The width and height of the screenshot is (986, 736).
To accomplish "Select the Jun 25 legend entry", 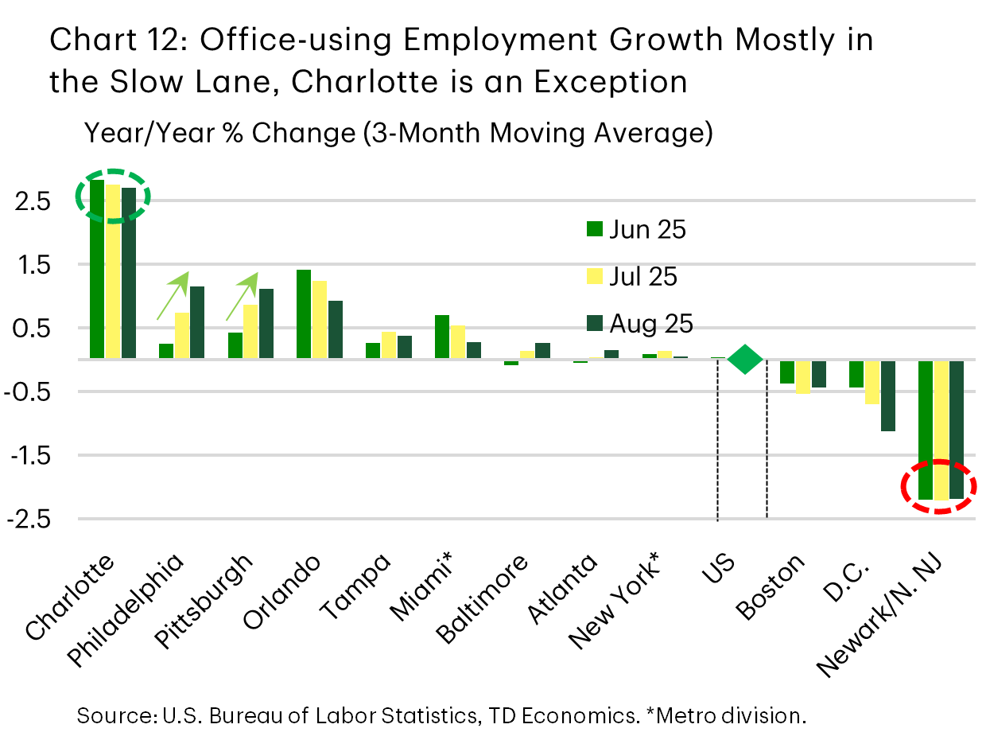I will (635, 230).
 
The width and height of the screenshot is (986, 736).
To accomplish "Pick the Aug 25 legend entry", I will (639, 324).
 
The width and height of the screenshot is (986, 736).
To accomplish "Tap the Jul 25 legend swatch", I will (594, 277).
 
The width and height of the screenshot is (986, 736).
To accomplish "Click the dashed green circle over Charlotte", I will (112, 194).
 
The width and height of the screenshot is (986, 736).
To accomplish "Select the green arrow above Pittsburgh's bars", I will (245, 294).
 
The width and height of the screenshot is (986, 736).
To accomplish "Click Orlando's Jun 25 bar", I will (303, 314).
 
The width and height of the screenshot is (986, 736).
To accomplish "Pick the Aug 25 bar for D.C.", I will (887, 395).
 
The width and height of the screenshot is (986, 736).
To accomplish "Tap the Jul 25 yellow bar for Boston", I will (803, 376).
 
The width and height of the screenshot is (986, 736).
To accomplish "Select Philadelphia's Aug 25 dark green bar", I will (196, 322).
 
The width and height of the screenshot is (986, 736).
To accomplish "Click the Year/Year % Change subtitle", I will (398, 133).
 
